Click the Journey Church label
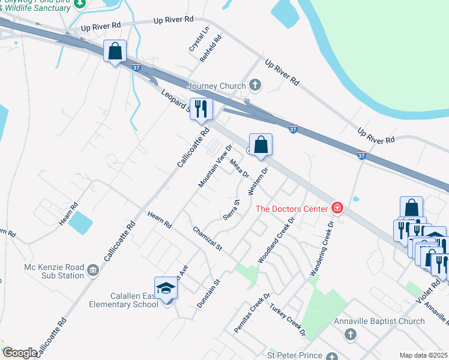point(217,86)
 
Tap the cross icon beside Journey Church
point(255,85)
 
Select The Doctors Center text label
point(292,209)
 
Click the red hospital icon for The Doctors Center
point(337,209)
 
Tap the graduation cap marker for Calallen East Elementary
point(166,289)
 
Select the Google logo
point(20,353)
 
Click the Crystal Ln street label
point(199,38)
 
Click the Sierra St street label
point(232,210)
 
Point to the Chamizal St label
point(208,239)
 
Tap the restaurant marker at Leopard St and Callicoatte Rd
point(200,109)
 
